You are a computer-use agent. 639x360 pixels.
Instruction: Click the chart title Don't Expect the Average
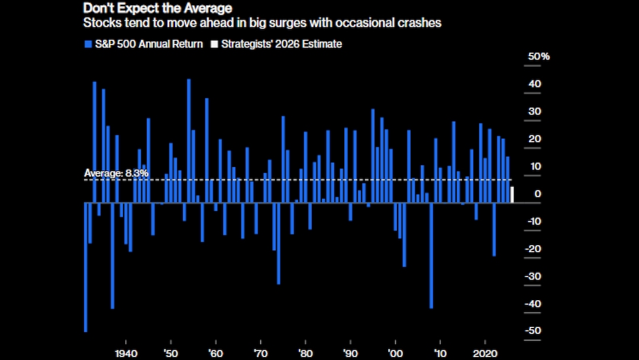click(x=157, y=8)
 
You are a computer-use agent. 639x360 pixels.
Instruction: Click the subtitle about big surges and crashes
click(x=263, y=24)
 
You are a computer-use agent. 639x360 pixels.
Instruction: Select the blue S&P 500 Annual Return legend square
click(x=88, y=44)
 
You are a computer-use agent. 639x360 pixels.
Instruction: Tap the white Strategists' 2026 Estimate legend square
click(x=215, y=44)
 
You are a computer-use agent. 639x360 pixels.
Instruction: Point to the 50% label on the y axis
click(x=539, y=57)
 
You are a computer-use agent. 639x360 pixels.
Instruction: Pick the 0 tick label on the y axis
click(x=537, y=194)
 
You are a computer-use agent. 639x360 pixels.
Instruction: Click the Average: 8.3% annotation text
click(x=116, y=173)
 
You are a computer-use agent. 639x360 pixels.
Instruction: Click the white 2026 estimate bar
click(x=512, y=195)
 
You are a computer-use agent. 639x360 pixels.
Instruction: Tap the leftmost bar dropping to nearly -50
click(x=85, y=266)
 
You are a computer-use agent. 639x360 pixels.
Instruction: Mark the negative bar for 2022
click(x=494, y=229)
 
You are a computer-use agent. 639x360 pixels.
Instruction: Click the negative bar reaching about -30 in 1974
click(x=279, y=243)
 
